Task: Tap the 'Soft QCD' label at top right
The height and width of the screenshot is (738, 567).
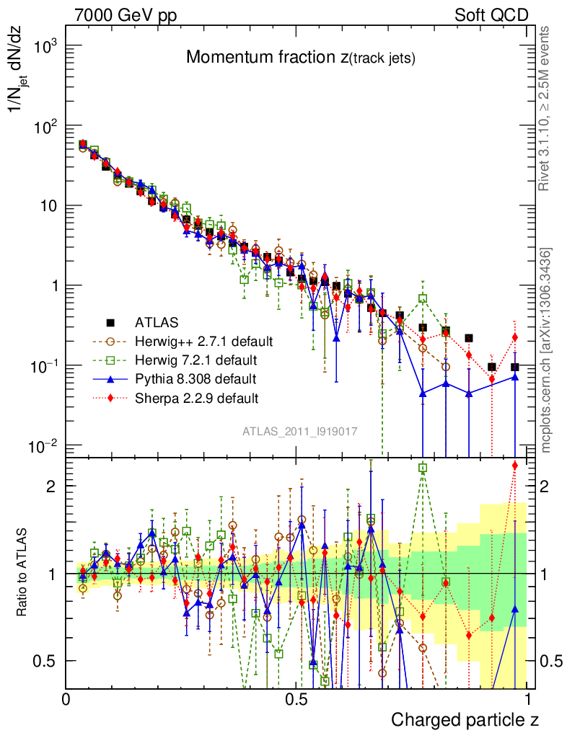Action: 492,15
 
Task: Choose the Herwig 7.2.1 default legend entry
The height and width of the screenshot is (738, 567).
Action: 195,359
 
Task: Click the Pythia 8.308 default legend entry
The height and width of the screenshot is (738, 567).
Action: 195,378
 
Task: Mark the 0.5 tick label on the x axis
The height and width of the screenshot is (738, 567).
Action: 296,698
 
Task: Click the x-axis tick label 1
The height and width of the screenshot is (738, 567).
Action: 528,698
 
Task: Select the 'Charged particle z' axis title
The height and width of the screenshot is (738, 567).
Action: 465,719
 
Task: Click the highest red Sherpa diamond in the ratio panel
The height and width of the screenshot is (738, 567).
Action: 515,466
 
